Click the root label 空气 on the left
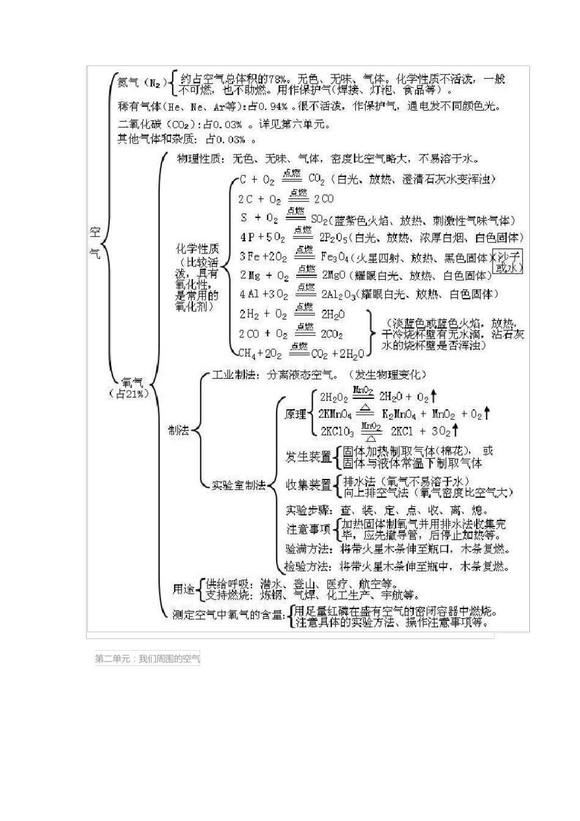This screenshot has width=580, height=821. click(95, 242)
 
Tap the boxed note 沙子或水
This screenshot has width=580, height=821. click(508, 262)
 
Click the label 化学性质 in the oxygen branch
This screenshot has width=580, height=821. click(197, 249)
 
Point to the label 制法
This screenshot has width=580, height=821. click(178, 430)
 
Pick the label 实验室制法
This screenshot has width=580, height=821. click(239, 485)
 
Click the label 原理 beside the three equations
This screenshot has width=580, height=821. click(295, 414)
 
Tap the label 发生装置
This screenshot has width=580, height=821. click(308, 456)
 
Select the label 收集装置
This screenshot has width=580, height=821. click(308, 485)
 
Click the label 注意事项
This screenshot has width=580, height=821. click(308, 529)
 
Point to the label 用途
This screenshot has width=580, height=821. click(183, 589)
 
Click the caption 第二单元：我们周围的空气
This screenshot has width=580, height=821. click(147, 659)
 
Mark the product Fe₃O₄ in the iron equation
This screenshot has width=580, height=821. click(336, 257)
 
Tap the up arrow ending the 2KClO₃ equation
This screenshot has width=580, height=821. click(456, 431)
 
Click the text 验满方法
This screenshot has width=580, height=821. click(308, 549)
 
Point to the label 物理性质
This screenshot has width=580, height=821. click(199, 159)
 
